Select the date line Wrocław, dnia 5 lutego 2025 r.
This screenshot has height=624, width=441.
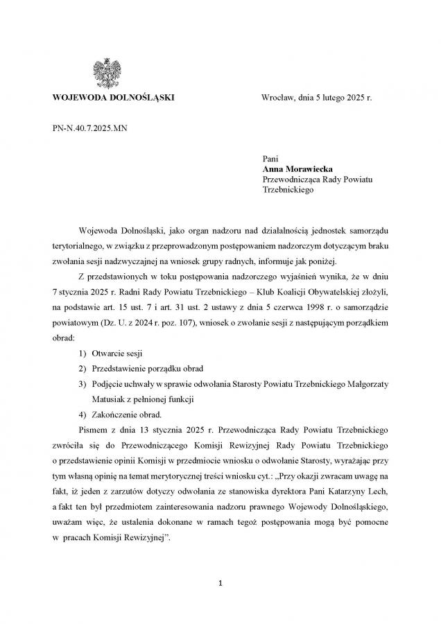[316, 98]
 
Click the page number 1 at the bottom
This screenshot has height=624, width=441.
[220, 583]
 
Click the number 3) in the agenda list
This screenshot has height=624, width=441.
[83, 384]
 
